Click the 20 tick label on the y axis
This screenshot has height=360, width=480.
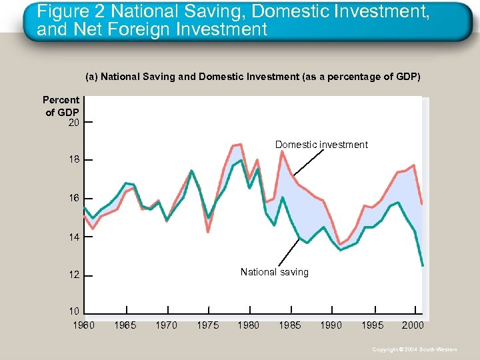coord(73,123)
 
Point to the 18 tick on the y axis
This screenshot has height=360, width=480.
coord(73,160)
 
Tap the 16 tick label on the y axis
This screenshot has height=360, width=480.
coord(73,199)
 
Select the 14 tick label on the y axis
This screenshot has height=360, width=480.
coord(73,237)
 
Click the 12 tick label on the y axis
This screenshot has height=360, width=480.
coord(73,275)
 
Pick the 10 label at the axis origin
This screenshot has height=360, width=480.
coord(73,311)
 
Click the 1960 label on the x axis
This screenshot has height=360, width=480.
coord(83,325)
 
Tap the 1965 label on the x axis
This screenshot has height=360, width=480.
coord(125,325)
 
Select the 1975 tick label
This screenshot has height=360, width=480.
coord(208,325)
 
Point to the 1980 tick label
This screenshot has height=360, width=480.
coord(249,325)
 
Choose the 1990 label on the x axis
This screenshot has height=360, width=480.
coord(331,325)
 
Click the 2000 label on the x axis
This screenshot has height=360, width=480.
coord(413,325)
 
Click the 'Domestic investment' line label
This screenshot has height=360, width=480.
coord(321,145)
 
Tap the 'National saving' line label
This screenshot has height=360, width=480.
coord(274,272)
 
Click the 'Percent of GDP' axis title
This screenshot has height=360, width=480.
coord(61,106)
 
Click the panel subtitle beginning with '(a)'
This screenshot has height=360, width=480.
coord(253,77)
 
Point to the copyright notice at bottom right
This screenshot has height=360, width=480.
coord(415,349)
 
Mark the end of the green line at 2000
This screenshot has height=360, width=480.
coord(423,265)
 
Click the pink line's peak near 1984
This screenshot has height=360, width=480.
coord(282,151)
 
